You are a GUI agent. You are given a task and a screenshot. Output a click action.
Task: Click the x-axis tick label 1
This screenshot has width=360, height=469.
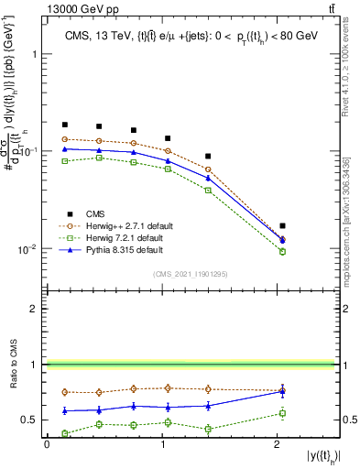163,444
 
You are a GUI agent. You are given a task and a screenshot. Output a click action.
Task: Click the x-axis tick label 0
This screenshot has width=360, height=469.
47,444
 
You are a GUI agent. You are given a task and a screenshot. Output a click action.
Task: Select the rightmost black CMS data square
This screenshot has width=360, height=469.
282,225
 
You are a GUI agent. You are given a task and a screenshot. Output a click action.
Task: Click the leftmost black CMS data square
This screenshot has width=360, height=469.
64,125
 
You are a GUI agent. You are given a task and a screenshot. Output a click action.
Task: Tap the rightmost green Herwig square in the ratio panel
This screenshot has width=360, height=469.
282,413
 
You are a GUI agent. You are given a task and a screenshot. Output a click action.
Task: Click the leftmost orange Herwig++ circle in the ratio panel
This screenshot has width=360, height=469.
64,392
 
